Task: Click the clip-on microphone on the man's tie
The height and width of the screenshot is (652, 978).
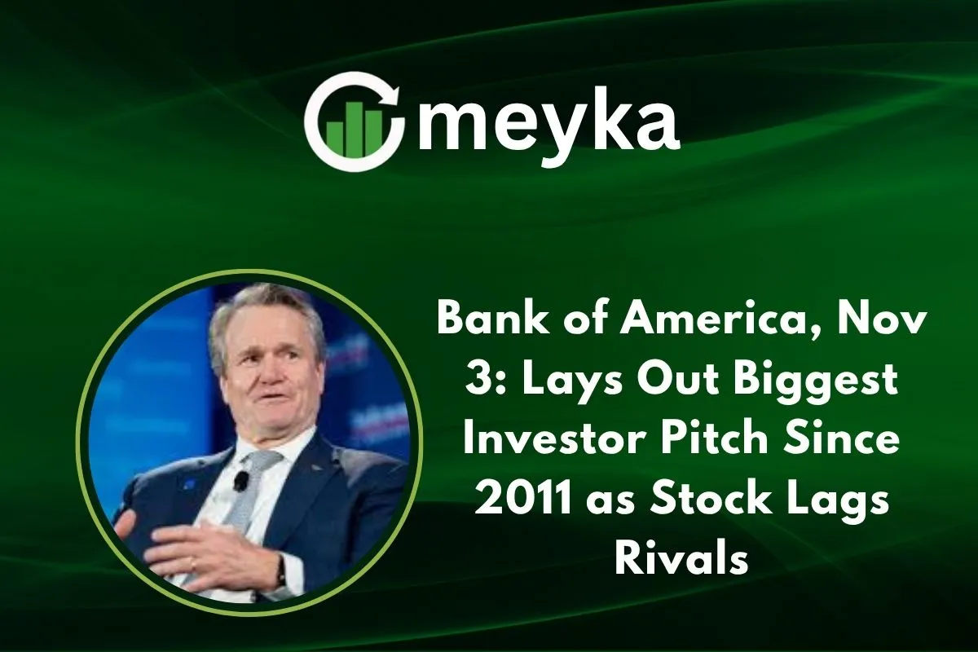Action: click(x=241, y=482)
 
